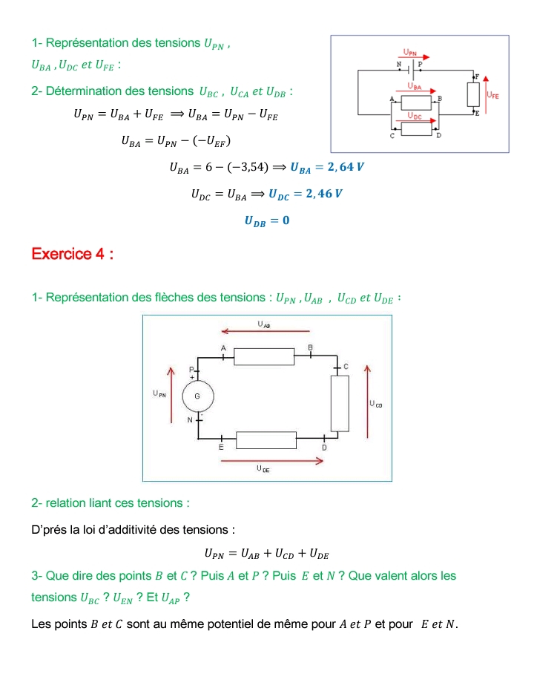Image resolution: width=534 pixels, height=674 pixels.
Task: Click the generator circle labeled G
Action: [197, 396]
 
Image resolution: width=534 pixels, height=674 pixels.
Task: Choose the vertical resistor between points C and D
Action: [339, 402]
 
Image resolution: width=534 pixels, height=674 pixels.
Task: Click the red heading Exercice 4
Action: [72, 254]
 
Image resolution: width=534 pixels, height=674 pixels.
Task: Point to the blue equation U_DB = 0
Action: [266, 220]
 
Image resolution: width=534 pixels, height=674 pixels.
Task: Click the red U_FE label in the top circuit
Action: [493, 96]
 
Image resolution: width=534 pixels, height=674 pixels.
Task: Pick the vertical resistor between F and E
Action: [473, 94]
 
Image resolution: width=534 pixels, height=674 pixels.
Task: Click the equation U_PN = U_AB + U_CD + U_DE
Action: [266, 553]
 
